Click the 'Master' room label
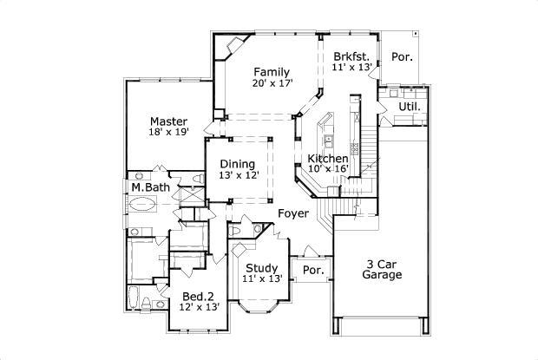pyautogui.click(x=168, y=121)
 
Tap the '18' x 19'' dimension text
pyautogui.click(x=168, y=133)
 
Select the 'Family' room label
pyautogui.click(x=272, y=72)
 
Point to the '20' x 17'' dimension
pyautogui.click(x=272, y=84)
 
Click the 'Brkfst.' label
pyautogui.click(x=351, y=56)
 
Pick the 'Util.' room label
pyautogui.click(x=410, y=107)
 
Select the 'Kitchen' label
pyautogui.click(x=328, y=159)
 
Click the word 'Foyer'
pyautogui.click(x=293, y=213)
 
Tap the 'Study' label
pyautogui.click(x=261, y=268)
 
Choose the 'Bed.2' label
pyautogui.click(x=199, y=295)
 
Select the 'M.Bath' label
pyautogui.click(x=150, y=187)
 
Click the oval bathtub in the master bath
pyautogui.click(x=143, y=206)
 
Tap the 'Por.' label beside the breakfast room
pyautogui.click(x=401, y=56)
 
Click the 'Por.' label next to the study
pyautogui.click(x=311, y=271)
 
